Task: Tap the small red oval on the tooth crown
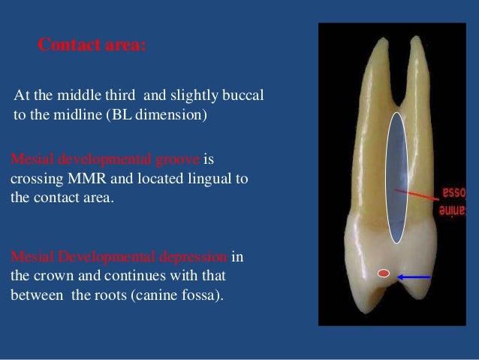coord(383,274)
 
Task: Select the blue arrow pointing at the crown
coord(414,277)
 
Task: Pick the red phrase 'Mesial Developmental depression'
coord(119,256)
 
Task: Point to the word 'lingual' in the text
coord(209,180)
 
